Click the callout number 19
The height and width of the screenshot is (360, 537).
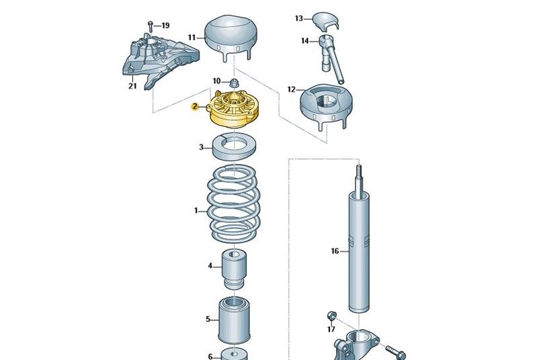point(165,26)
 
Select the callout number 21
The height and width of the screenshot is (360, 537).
point(132,86)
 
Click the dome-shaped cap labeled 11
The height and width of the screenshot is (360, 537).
point(231,38)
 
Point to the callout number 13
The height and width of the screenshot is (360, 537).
point(299,18)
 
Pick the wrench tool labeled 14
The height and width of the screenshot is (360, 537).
point(331,58)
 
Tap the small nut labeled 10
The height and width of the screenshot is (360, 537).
point(234,83)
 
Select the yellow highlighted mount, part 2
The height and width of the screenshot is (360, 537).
point(234,108)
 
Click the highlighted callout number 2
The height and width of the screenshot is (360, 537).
point(195,106)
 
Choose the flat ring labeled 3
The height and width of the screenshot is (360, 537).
point(235,147)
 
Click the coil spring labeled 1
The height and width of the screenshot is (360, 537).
point(234,203)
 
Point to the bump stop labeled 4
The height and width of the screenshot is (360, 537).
point(234,269)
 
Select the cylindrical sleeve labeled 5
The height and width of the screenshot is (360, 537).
point(234,320)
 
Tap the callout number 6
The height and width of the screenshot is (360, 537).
point(210,356)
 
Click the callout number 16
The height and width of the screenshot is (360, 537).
point(335,251)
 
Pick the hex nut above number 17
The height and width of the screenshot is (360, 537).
point(331,316)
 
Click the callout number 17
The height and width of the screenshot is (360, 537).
point(331,329)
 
